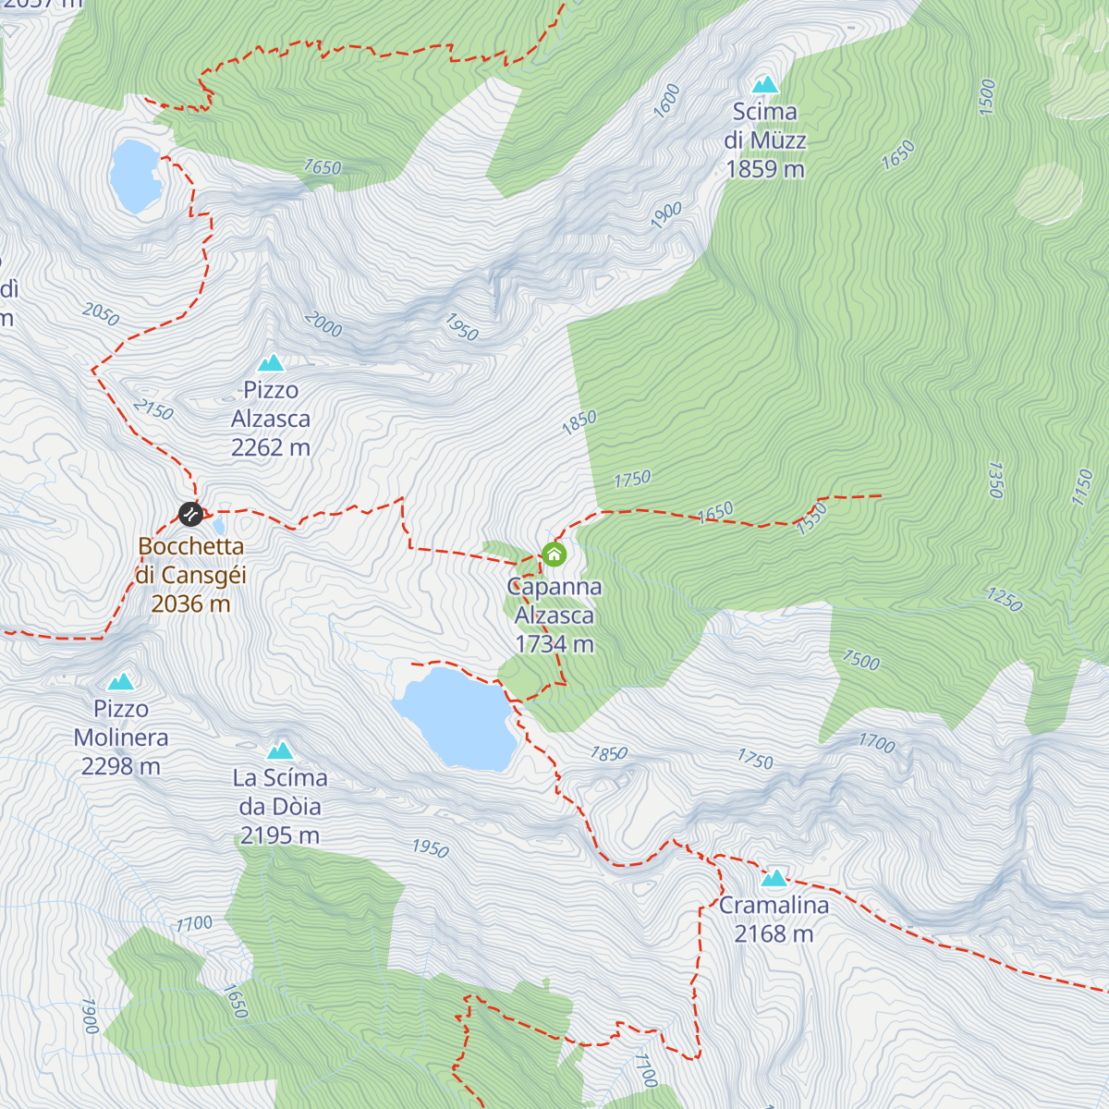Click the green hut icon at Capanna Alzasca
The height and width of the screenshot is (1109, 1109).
click(554, 554)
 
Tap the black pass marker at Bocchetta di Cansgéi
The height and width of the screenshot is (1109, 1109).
click(190, 514)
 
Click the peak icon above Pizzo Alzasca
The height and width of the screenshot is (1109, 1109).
click(271, 363)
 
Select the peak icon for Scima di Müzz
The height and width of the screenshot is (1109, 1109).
click(764, 85)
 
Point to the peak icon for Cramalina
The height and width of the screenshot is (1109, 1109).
click(774, 878)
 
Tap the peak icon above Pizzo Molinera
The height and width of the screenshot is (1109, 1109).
click(121, 682)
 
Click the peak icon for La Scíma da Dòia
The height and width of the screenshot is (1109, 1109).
click(280, 750)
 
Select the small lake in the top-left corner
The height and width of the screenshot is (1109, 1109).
click(136, 176)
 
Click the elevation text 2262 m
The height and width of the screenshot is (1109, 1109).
click(271, 448)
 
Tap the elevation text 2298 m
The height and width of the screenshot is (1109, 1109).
click(121, 767)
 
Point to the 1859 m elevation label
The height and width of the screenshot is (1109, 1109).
click(765, 169)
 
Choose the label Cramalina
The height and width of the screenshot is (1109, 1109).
click(774, 906)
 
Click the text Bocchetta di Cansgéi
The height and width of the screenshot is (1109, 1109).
click(191, 561)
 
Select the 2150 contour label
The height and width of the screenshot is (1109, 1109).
click(153, 409)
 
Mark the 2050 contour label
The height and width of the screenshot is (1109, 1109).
click(101, 315)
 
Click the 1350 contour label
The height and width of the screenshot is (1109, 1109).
click(995, 480)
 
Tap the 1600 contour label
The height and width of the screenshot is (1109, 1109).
click(666, 100)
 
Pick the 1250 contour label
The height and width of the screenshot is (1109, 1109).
click(1005, 600)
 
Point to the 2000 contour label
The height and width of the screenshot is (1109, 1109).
click(323, 324)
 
